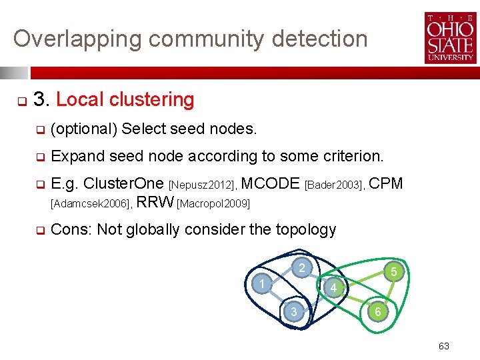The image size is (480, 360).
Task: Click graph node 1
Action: (263, 285)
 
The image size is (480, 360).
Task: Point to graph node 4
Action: (334, 287)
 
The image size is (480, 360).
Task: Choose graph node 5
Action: (394, 271)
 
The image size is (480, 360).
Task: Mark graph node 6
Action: (377, 311)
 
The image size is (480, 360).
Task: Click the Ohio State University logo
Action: (449, 38)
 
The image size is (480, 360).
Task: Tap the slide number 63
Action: (444, 346)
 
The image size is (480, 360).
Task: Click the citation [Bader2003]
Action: (333, 185)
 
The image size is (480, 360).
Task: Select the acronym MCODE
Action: (270, 183)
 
